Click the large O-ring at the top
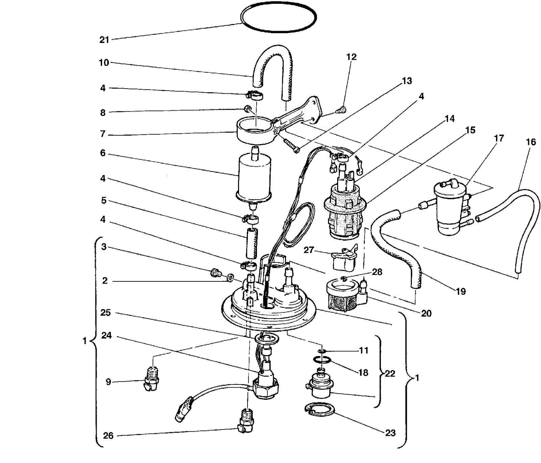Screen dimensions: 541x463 click(278, 31)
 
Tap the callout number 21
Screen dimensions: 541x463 click(104, 40)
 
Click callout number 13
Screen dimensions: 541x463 click(407, 81)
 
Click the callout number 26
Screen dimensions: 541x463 click(108, 436)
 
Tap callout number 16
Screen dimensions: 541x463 click(531, 142)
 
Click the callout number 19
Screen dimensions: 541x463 click(461, 292)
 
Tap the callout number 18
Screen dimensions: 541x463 click(363, 373)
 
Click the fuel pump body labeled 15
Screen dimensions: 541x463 click(345, 211)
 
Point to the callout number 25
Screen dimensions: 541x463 click(105, 312)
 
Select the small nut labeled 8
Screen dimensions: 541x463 click(248, 109)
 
